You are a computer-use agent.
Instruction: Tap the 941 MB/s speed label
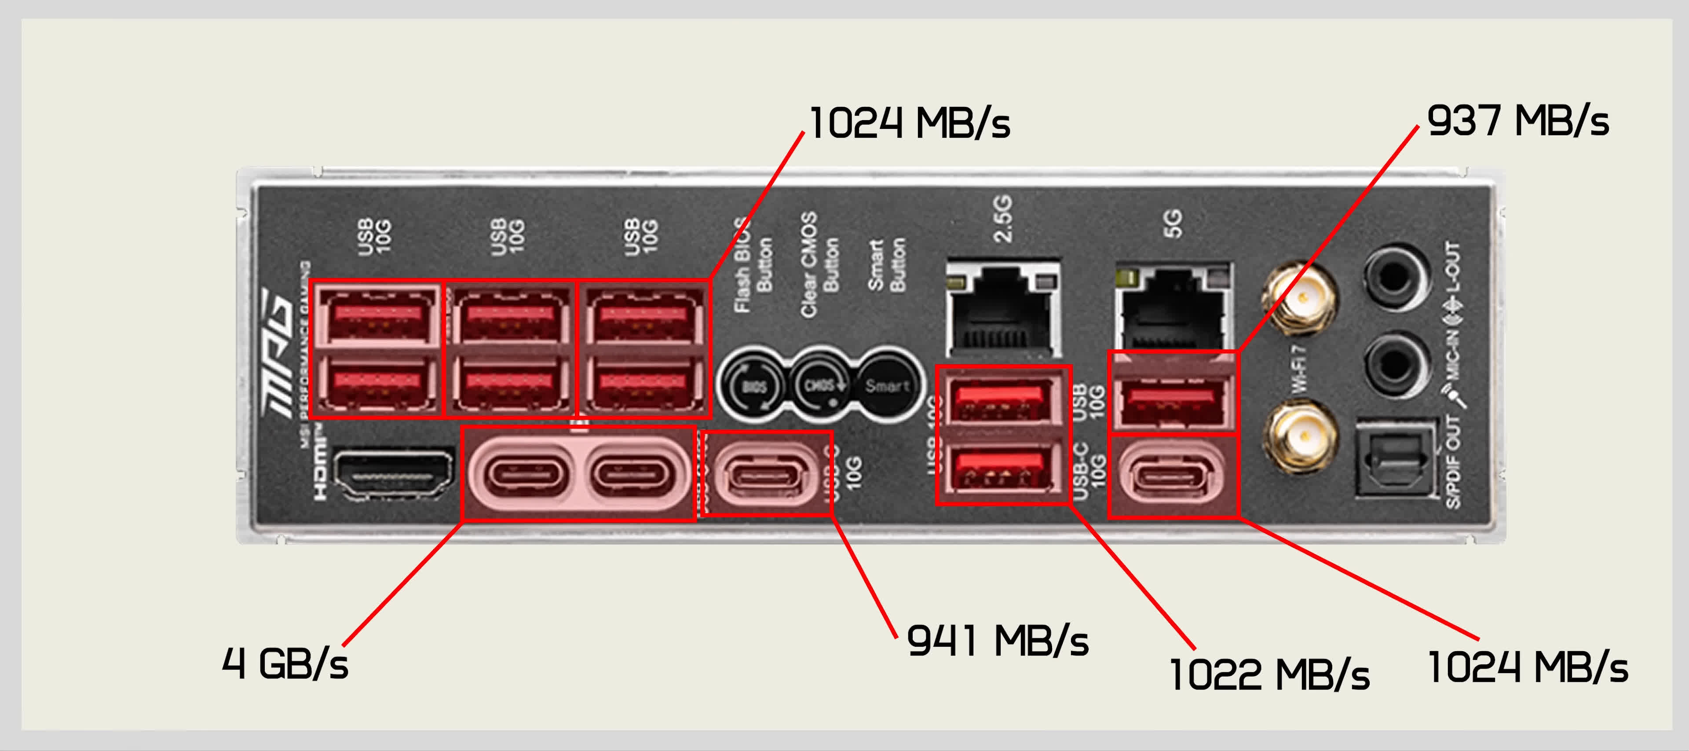[997, 641]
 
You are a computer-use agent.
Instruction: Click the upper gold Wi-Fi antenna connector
[1301, 298]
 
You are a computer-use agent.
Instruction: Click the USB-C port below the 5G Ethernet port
[1172, 476]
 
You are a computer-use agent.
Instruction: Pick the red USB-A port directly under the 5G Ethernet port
[1172, 399]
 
